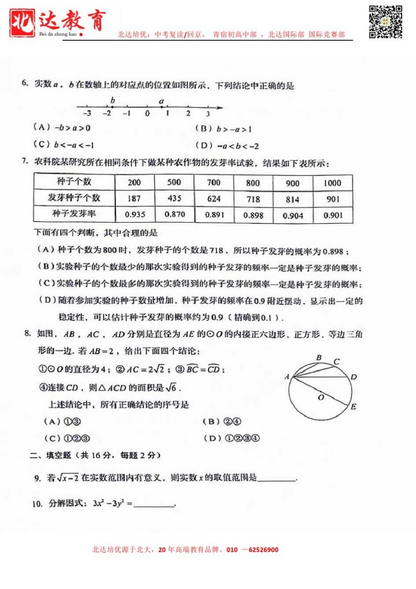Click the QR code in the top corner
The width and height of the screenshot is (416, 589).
click(x=385, y=21)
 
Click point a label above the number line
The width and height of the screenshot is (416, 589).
click(x=161, y=101)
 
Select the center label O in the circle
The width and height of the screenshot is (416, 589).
click(x=322, y=397)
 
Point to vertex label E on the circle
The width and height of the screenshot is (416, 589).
click(x=354, y=407)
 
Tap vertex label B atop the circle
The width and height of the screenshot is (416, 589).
click(x=319, y=358)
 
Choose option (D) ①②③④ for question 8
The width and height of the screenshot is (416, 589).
click(x=232, y=438)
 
